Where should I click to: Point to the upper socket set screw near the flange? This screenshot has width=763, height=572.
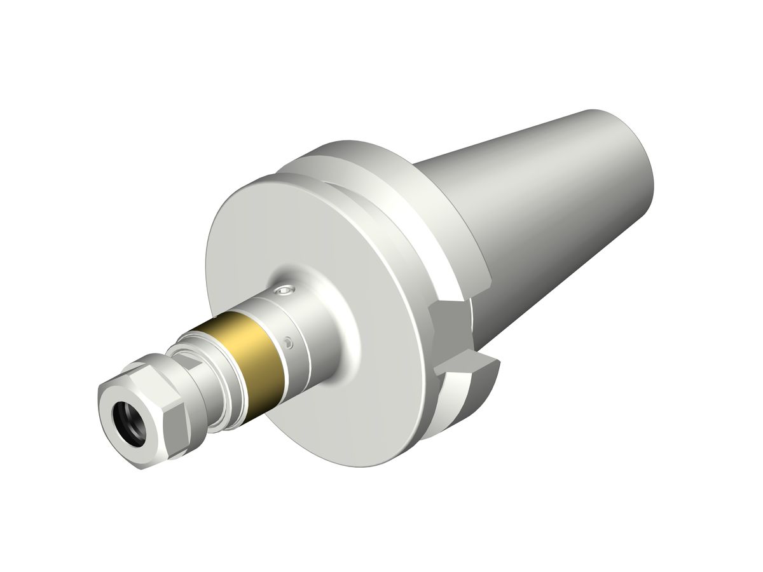pyautogui.click(x=284, y=292)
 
